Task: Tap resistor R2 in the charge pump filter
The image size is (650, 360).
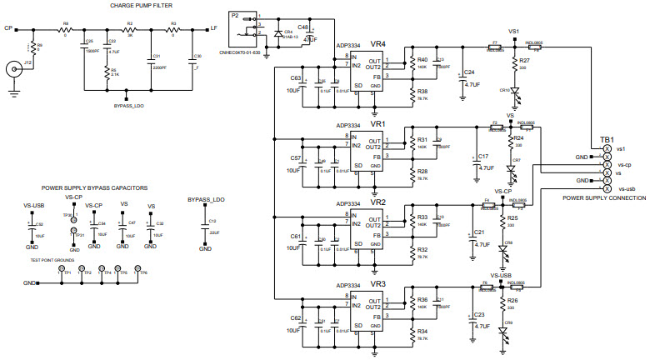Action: [129, 29]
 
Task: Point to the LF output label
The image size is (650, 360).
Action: [214, 28]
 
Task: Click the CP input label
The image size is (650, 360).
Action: [7, 28]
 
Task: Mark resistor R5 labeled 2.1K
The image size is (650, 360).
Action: [107, 73]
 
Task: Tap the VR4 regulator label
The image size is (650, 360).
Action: [377, 42]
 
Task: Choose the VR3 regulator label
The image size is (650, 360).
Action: [377, 284]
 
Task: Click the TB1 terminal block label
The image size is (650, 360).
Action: [607, 138]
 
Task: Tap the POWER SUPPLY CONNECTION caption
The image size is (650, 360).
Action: [604, 198]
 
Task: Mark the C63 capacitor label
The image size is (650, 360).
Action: [296, 77]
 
